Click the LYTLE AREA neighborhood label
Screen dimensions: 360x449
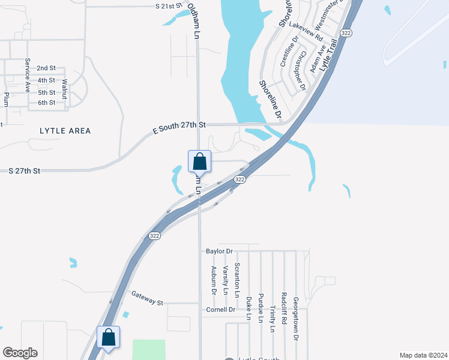[65, 131]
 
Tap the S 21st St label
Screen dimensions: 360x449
[168, 6]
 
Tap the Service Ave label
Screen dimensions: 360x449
[28, 76]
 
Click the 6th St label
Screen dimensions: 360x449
[46, 103]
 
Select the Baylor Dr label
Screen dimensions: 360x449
[218, 251]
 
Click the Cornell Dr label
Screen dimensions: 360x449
[220, 310]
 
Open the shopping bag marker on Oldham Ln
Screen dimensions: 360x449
[200, 162]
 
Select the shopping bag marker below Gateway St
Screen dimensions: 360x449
[109, 337]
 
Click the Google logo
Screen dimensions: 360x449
[20, 353]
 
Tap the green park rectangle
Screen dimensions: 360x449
[148, 350]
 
